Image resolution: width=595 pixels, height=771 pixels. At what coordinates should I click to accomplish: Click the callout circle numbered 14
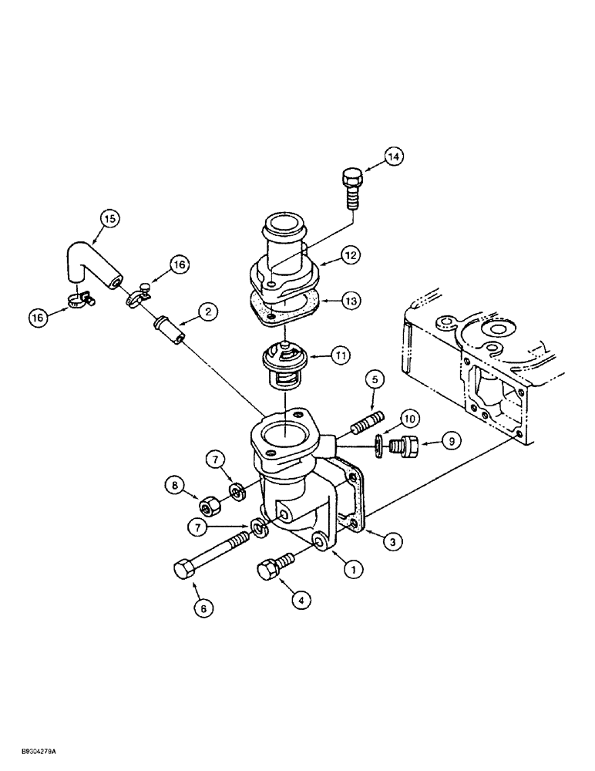(x=394, y=157)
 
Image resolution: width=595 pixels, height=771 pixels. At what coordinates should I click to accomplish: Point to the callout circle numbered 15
(x=109, y=219)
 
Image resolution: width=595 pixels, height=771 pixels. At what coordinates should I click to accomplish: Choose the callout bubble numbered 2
(x=207, y=311)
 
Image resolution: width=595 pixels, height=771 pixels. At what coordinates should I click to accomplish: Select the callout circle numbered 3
(x=392, y=542)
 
